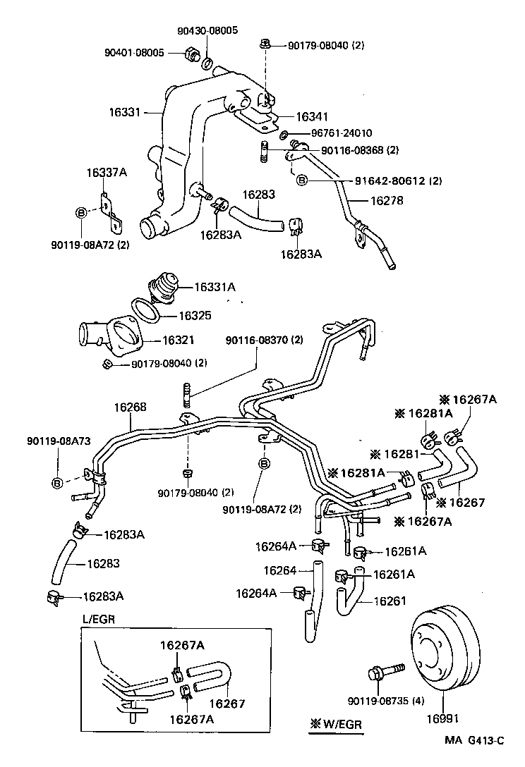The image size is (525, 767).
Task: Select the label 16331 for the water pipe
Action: point(125,112)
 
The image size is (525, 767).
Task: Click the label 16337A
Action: point(107,173)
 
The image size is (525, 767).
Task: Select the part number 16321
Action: point(179,340)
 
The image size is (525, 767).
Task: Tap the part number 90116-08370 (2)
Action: point(264,340)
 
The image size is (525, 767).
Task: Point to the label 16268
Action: point(130,407)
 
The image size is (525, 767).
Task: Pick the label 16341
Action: point(312,116)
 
